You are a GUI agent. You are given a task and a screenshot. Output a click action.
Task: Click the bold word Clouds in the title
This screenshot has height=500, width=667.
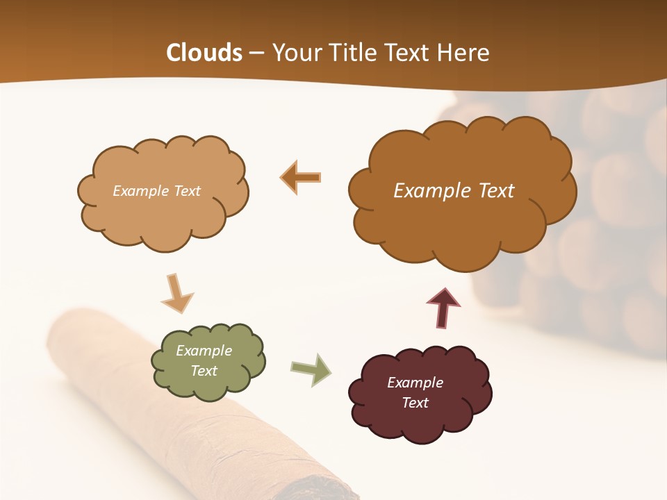(204, 53)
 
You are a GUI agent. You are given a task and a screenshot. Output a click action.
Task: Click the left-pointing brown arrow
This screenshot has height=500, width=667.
(301, 177)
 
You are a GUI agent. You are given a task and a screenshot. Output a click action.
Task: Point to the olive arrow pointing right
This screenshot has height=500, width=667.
(311, 369)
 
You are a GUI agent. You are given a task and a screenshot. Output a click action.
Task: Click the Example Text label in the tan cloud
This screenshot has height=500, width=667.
(156, 191)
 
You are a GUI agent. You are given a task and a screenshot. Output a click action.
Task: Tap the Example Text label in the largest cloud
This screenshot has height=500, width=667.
(454, 191)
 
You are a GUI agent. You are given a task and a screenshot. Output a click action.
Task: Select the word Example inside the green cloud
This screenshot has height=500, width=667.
(204, 351)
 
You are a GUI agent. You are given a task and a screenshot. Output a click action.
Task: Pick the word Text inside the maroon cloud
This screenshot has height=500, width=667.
(415, 403)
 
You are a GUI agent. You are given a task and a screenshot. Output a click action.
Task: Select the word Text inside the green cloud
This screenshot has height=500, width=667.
(204, 371)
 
